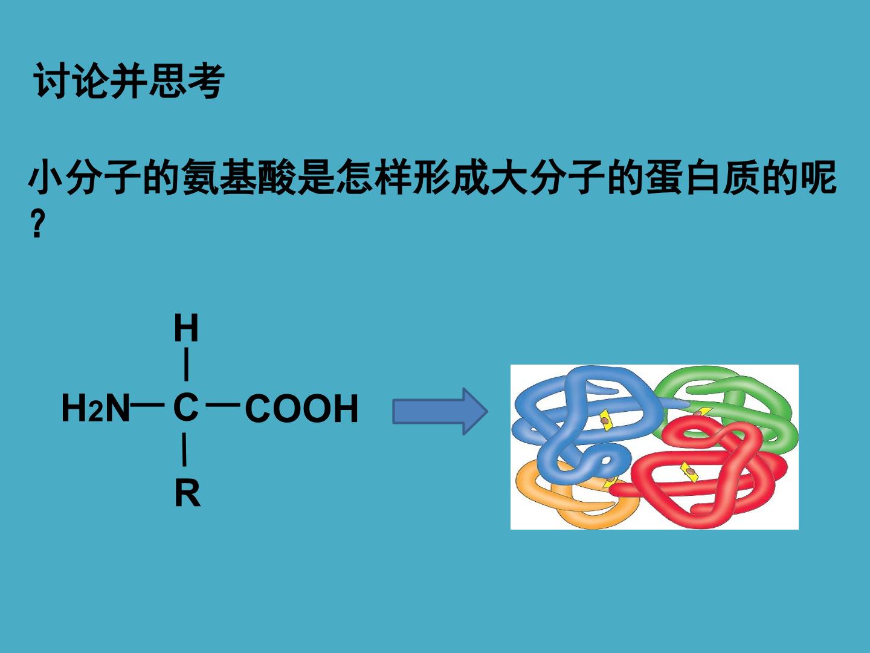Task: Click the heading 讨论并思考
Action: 129,81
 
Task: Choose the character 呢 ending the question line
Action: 818,177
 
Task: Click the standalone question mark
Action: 37,224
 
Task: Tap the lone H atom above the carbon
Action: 186,328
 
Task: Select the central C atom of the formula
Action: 185,407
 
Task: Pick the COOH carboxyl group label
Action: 301,408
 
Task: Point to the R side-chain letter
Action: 187,493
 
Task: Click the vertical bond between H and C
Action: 186,365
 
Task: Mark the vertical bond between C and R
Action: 184,450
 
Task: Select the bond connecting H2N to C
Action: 147,405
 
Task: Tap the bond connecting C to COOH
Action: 223,405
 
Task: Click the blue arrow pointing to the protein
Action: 440,411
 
